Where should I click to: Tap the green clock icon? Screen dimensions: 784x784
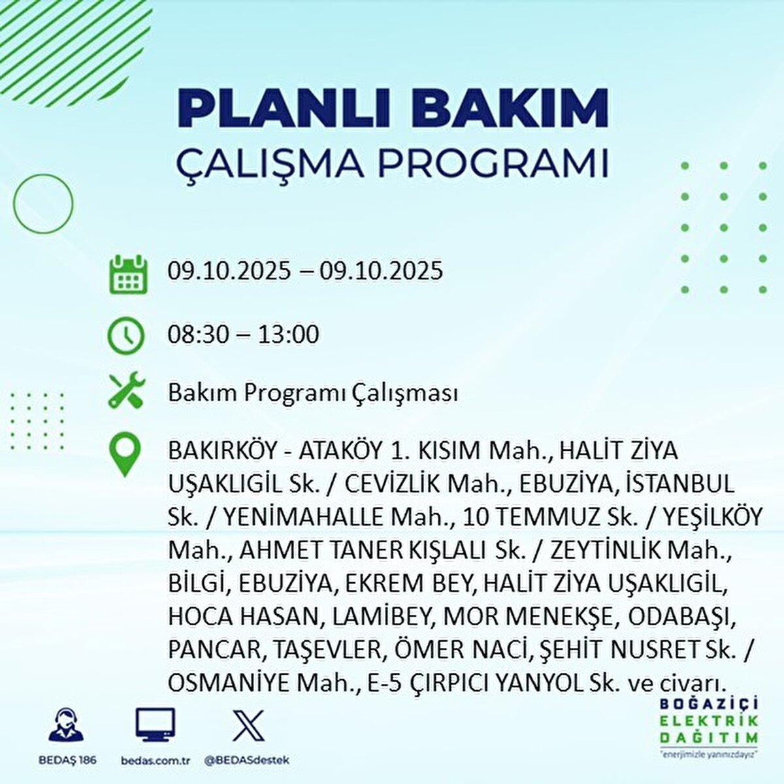126,336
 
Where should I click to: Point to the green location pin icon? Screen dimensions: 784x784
125,455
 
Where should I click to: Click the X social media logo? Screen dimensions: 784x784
248,725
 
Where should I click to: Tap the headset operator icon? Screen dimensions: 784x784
67,726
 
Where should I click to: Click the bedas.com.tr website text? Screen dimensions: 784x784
155,760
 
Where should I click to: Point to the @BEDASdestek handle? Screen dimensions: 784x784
247,760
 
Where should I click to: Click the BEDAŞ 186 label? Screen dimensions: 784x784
67,760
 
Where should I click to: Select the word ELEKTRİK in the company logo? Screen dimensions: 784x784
710,721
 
